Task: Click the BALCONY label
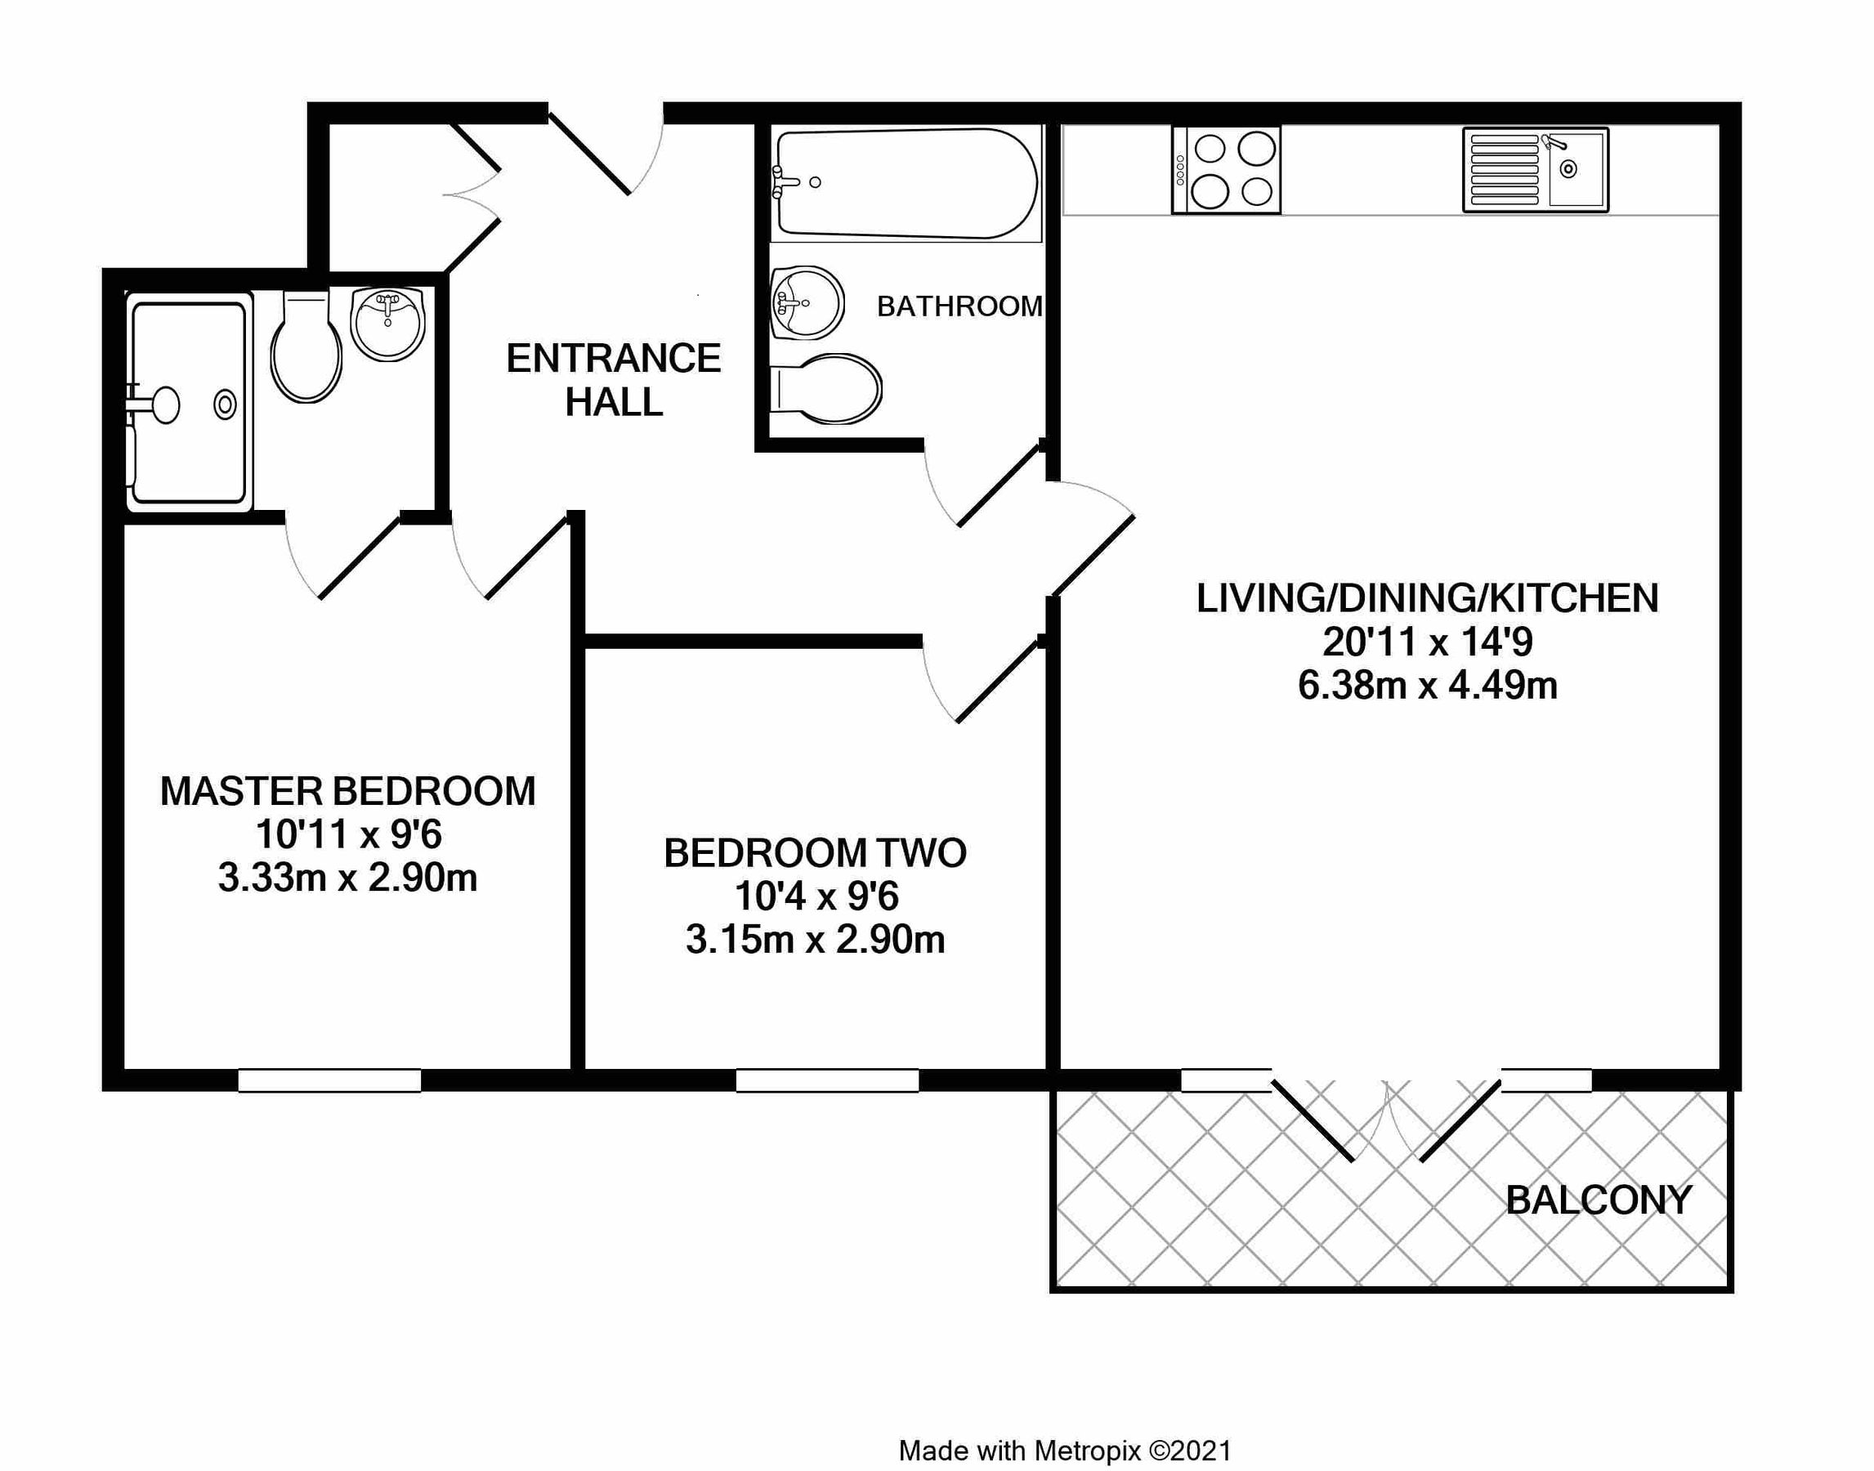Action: coord(1599,1200)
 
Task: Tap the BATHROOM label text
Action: coord(959,306)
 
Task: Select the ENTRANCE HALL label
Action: coord(613,380)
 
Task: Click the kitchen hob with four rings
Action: coord(1226,171)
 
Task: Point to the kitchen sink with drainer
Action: coord(1535,171)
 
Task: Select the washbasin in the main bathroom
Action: coord(806,302)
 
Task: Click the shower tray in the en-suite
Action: coord(189,402)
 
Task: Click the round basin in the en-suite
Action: coord(387,323)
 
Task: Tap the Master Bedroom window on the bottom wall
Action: coord(329,1080)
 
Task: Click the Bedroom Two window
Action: coord(827,1080)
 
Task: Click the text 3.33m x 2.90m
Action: coord(347,879)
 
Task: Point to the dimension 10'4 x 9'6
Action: coord(816,896)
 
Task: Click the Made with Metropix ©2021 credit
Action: coord(1064,1451)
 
